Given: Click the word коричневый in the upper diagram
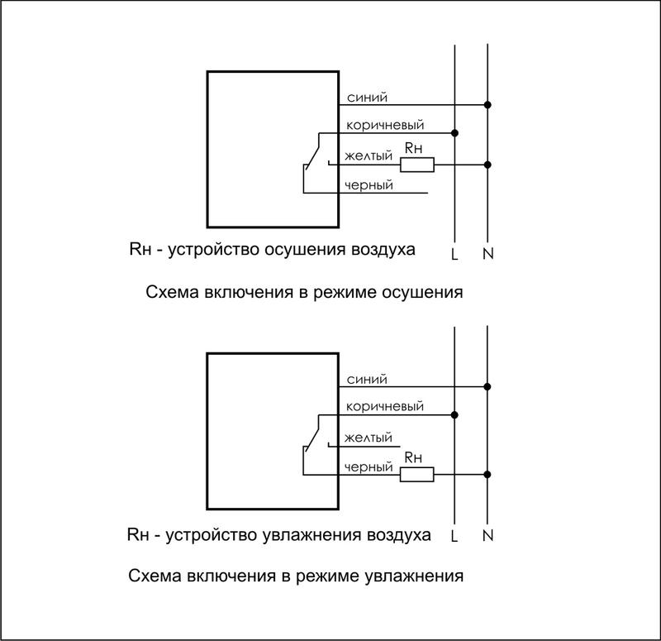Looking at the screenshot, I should pos(385,125).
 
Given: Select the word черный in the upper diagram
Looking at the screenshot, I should pos(369,185).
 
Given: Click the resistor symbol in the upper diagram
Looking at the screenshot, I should pos(417,165).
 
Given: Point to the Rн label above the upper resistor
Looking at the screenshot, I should pos(412,148).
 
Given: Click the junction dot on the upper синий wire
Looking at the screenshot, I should pos(487,105).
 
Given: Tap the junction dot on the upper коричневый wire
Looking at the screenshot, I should pos(455,132).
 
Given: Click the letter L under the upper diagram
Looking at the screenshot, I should pos(454,253).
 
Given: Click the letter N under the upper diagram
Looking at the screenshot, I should pos(487,253).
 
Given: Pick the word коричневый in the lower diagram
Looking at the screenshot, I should pos(385,406).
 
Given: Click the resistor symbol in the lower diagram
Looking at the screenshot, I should pos(417,474).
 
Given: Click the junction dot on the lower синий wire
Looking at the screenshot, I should pos(487,386).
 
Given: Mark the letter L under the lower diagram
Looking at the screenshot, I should pos(454,535).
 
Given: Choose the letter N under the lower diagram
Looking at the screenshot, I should pos(487,535).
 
